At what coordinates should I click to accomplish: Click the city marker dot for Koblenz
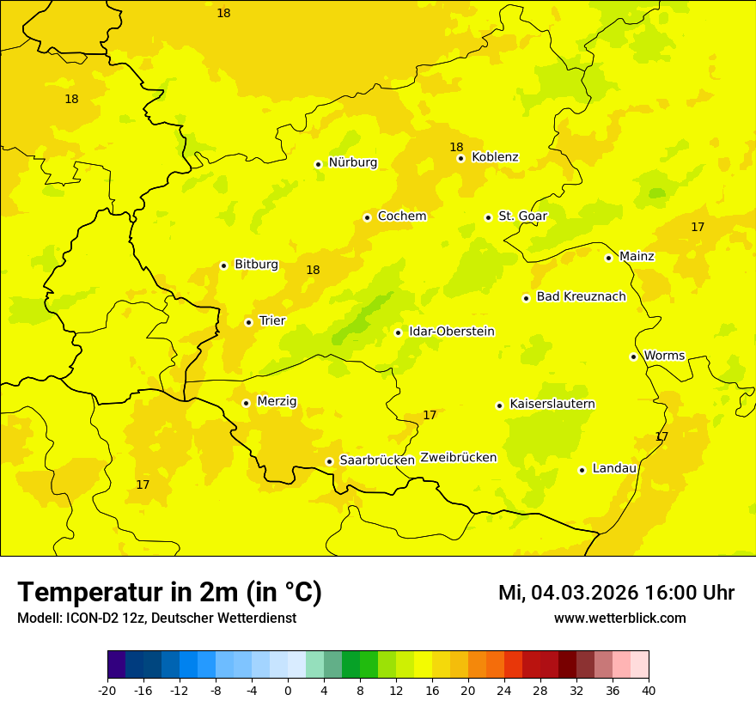click(461, 158)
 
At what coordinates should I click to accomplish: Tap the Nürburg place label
click(352, 162)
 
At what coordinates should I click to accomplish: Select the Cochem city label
click(401, 216)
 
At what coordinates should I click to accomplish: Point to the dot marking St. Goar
click(488, 217)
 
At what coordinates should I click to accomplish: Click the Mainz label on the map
click(637, 257)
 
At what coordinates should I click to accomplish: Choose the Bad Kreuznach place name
click(581, 297)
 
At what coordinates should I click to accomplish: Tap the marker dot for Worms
click(633, 356)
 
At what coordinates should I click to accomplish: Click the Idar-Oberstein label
click(451, 332)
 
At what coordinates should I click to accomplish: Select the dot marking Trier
click(249, 322)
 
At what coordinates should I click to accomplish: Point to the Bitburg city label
click(256, 265)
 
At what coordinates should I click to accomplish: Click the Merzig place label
click(277, 401)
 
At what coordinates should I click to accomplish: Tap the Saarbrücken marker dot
click(329, 461)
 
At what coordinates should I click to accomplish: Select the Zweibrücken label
click(458, 458)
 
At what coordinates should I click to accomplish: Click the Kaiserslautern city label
click(552, 405)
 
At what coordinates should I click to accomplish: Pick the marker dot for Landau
click(582, 470)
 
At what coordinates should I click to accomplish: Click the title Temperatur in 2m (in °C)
click(169, 593)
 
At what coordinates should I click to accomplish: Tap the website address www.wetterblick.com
click(619, 619)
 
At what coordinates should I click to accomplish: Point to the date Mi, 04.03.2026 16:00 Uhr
click(616, 593)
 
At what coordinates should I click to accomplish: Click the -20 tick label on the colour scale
click(107, 690)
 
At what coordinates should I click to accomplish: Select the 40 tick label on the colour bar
click(649, 690)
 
